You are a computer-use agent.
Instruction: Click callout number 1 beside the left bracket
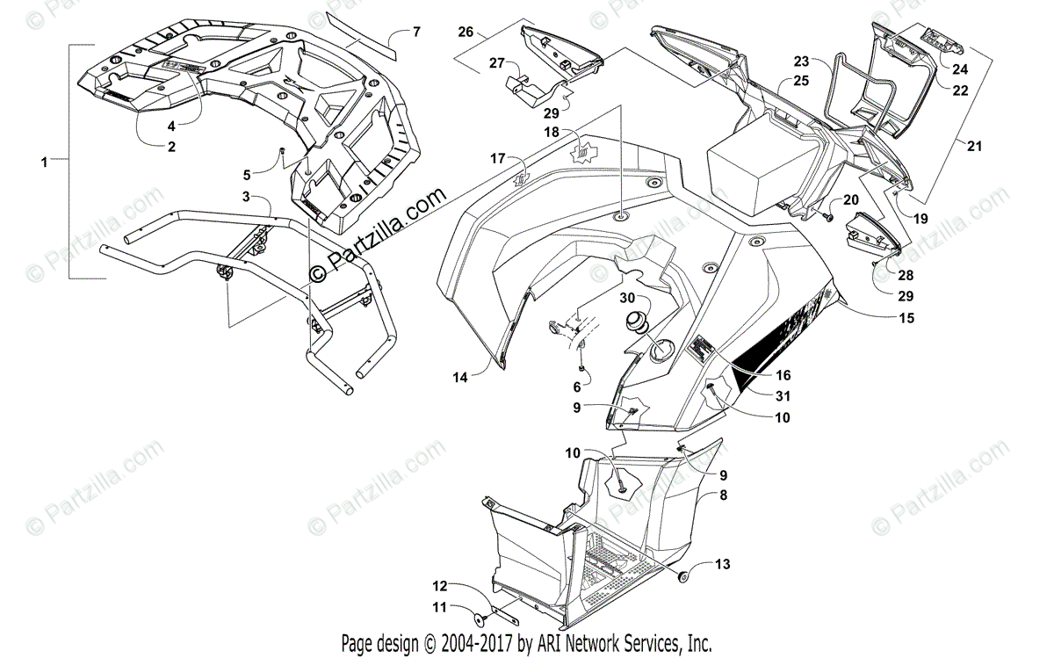[x=45, y=162]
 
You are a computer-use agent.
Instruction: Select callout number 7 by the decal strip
[x=416, y=32]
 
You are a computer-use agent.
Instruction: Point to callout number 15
[x=906, y=318]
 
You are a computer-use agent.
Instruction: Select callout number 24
[x=959, y=68]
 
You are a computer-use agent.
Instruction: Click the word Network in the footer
[x=619, y=641]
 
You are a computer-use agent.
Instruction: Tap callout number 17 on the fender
[x=498, y=159]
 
